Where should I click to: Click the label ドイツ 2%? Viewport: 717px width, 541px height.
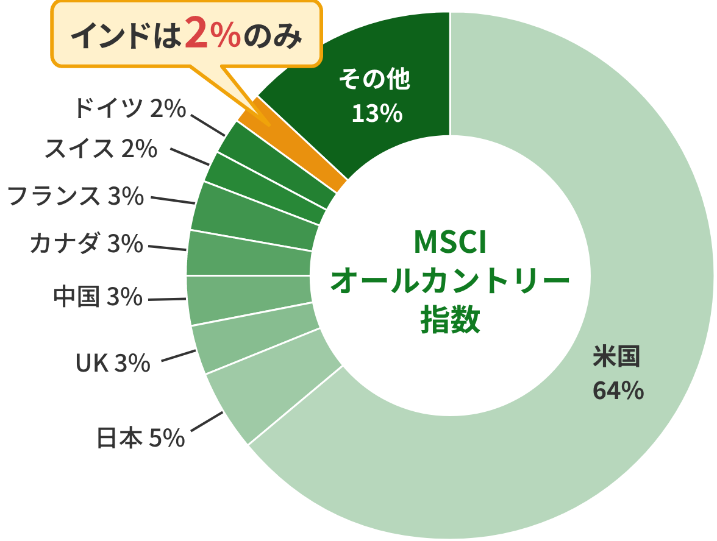click(x=129, y=109)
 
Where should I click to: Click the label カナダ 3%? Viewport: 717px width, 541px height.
click(x=86, y=244)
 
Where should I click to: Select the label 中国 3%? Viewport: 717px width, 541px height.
click(x=98, y=297)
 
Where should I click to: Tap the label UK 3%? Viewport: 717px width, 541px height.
click(x=113, y=364)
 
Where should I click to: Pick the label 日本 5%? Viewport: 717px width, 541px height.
click(x=141, y=437)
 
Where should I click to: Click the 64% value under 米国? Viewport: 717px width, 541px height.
click(x=618, y=391)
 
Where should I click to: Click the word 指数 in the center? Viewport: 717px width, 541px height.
click(x=450, y=320)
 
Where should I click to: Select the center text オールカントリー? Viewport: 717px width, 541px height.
click(x=450, y=281)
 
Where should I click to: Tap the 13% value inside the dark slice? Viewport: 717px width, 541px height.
click(x=377, y=113)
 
